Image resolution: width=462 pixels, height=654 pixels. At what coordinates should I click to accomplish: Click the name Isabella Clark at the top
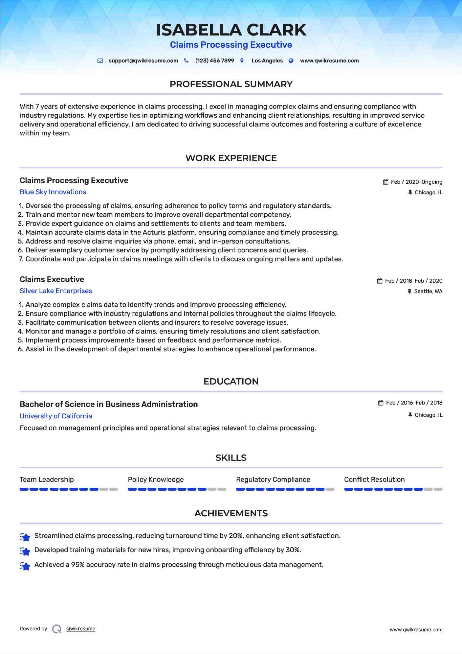(231, 30)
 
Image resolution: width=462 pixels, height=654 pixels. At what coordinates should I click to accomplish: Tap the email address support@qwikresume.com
(143, 61)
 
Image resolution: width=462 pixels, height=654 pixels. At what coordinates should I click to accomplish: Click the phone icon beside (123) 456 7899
(186, 60)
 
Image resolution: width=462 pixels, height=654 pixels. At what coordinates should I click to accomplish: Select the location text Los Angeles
(267, 61)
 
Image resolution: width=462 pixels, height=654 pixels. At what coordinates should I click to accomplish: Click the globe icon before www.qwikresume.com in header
(291, 60)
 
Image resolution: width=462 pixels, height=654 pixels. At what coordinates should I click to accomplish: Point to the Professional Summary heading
(231, 84)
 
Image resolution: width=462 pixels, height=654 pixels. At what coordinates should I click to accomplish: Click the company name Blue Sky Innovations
(53, 192)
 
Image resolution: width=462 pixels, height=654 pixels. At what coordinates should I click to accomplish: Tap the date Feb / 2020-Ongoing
(416, 182)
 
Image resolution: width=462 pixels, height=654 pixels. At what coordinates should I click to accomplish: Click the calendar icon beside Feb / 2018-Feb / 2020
(380, 281)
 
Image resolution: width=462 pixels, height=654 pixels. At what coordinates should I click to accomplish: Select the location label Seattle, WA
(428, 292)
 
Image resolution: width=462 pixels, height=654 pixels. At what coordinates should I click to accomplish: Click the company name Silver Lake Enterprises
(56, 291)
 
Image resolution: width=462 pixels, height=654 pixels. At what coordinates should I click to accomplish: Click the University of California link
(56, 416)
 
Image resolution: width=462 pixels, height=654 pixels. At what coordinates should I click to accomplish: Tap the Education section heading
(231, 382)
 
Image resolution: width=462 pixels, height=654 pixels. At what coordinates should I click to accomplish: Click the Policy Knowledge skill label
(156, 479)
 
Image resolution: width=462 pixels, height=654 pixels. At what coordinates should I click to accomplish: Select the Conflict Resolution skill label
(374, 479)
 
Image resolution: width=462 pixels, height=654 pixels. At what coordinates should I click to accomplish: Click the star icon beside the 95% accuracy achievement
(25, 566)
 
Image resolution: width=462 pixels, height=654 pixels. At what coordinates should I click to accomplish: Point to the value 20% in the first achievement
(235, 536)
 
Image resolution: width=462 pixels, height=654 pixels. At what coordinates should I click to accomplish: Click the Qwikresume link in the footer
(81, 629)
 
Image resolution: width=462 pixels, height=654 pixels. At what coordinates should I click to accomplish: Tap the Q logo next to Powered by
(57, 629)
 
